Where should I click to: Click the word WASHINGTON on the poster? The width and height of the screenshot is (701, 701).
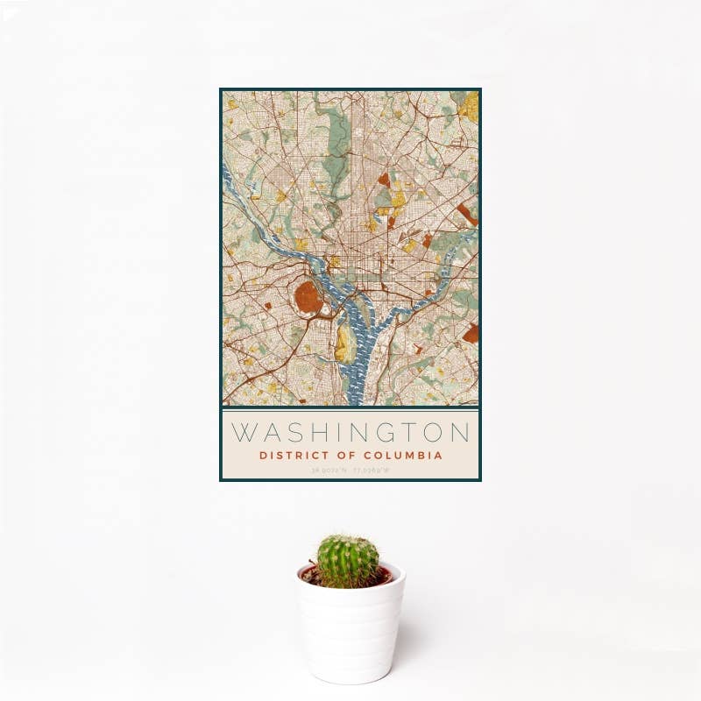point(350,432)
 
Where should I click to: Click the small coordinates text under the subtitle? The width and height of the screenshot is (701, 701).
point(350,471)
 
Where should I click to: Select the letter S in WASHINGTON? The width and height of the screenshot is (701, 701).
point(292,432)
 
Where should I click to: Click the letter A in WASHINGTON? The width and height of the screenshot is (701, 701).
point(267,432)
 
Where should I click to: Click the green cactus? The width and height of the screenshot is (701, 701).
point(348,561)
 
